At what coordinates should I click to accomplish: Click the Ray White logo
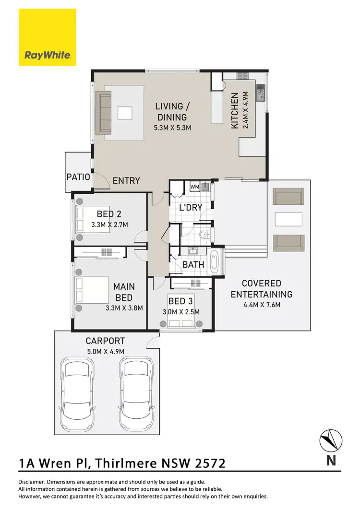coord(47,37)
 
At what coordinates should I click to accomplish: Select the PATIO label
coord(78,177)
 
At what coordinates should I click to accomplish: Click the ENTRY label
coord(126,181)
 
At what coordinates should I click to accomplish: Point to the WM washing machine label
coord(194,186)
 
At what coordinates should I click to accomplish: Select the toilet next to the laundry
coord(204,235)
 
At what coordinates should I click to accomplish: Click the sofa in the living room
coord(103,113)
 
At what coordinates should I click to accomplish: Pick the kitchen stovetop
coord(241,75)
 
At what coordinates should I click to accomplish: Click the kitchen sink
coord(260,94)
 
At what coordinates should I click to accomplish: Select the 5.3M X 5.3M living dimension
coord(173,128)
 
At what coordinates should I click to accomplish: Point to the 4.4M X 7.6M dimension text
coord(262,305)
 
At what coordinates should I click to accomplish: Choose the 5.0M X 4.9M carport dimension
coord(105,352)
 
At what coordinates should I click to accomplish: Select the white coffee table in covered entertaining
coord(288,219)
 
